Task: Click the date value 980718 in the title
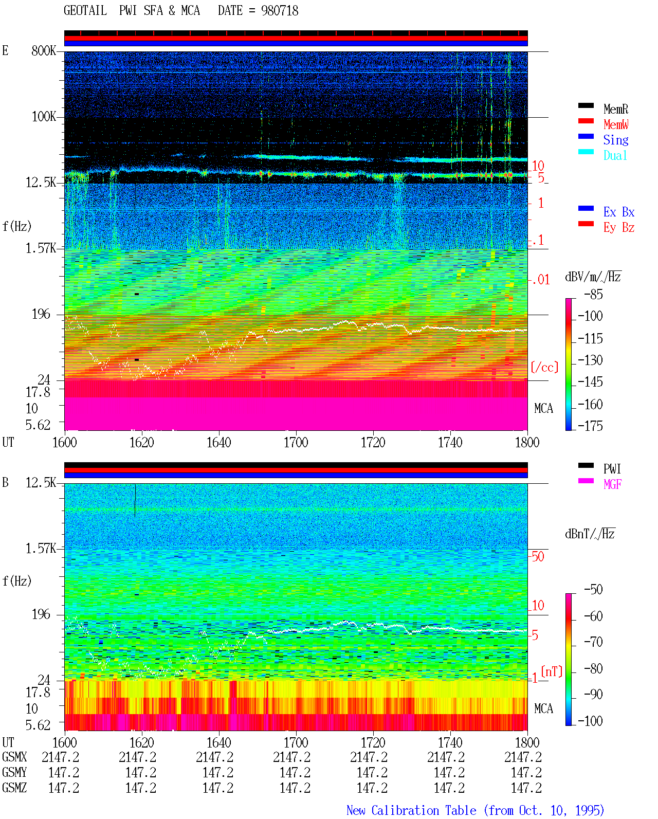point(280,11)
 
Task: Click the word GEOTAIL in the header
point(85,11)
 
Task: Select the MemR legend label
point(616,109)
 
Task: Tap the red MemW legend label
point(616,124)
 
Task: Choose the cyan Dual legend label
point(615,155)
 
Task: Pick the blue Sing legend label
point(616,140)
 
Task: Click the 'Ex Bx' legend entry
point(619,212)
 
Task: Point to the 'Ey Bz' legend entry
point(619,228)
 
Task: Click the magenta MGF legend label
point(612,484)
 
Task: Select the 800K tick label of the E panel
point(44,50)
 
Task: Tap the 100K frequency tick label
point(44,117)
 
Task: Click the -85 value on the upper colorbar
point(593,295)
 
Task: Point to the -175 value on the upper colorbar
point(590,426)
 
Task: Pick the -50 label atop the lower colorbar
point(593,590)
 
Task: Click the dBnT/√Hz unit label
point(590,534)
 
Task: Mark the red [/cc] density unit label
point(544,367)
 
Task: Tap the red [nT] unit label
point(552,671)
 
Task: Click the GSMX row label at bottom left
point(14,757)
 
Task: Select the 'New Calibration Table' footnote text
point(411,810)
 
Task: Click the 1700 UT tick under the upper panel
point(296,443)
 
